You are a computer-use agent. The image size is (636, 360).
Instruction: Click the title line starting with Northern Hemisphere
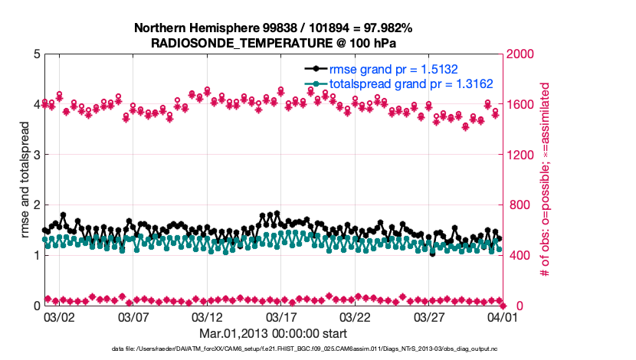[x=273, y=28]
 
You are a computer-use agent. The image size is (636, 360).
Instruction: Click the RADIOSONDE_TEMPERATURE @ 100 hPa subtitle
[x=273, y=43]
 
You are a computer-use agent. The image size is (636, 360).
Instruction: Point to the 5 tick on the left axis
[x=36, y=54]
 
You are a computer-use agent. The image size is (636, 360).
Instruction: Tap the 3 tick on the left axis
[x=36, y=155]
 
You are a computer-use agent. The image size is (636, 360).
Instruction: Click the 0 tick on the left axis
[x=36, y=306]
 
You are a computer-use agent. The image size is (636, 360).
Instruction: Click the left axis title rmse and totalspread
[x=24, y=180]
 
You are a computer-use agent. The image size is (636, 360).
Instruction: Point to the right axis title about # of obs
[x=546, y=180]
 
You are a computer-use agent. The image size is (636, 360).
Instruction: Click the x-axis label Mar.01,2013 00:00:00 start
[x=273, y=333]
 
